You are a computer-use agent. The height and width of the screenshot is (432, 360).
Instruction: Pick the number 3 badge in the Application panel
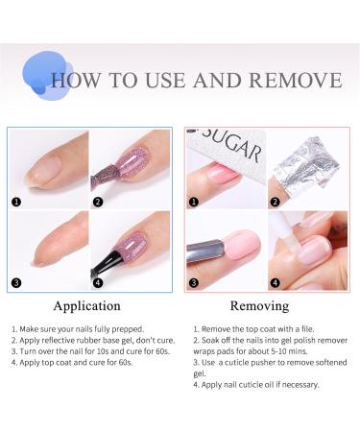[15, 283]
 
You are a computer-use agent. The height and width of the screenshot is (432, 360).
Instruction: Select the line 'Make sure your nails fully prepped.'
[78, 329]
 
